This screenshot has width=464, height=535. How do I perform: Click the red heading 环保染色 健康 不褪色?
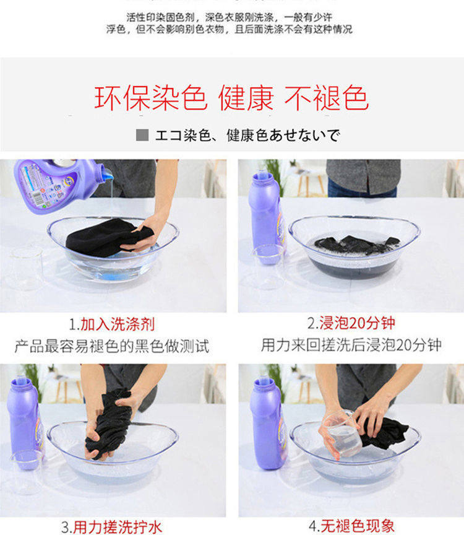pyautogui.click(x=231, y=98)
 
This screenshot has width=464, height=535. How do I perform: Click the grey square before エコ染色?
pyautogui.click(x=142, y=135)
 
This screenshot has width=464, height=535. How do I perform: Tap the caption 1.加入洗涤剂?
pyautogui.click(x=112, y=324)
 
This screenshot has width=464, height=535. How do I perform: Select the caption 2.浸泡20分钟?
pyautogui.click(x=351, y=323)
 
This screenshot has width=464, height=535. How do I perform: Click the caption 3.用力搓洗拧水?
pyautogui.click(x=111, y=527)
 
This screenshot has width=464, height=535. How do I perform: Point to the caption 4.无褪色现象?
pyautogui.click(x=351, y=526)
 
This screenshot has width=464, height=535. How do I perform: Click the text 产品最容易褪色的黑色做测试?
pyautogui.click(x=112, y=346)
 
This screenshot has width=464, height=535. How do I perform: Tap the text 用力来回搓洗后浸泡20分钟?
pyautogui.click(x=351, y=345)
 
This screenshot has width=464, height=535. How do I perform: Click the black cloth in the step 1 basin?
pyautogui.click(x=108, y=237)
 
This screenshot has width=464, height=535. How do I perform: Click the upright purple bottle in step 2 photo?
pyautogui.click(x=266, y=219)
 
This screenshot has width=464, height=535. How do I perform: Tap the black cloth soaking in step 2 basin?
pyautogui.click(x=356, y=243)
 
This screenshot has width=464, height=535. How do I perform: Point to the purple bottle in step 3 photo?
pyautogui.click(x=25, y=423)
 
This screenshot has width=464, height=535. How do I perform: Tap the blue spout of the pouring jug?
pyautogui.click(x=107, y=174)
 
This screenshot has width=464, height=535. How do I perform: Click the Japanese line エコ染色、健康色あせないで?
pyautogui.click(x=247, y=135)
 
